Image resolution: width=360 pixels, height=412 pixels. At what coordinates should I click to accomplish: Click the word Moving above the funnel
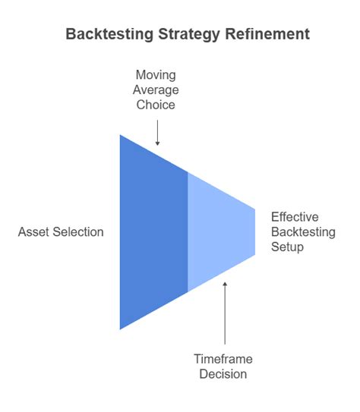[155, 74]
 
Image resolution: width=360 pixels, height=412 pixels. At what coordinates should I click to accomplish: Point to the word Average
[155, 90]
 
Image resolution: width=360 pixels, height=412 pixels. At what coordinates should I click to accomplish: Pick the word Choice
[155, 105]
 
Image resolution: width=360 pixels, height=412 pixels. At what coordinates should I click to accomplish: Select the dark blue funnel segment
[152, 231]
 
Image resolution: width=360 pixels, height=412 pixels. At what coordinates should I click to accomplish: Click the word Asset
[33, 231]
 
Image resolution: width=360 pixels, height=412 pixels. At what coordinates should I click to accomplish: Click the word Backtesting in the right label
[302, 231]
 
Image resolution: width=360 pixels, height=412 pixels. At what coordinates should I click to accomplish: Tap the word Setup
[287, 247]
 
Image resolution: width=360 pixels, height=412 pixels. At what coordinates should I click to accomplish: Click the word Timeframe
[223, 359]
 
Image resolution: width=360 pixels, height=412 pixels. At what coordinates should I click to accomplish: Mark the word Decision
[223, 374]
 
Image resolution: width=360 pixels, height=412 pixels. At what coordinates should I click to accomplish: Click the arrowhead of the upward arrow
[224, 285]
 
